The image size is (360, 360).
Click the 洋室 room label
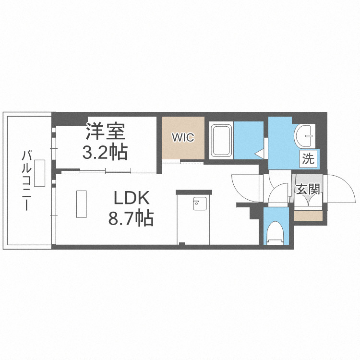click(x=105, y=131)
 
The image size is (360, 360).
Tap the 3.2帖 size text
click(x=105, y=152)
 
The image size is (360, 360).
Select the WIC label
click(x=183, y=138)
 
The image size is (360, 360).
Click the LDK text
click(x=132, y=198)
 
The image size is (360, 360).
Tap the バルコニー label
click(x=27, y=180)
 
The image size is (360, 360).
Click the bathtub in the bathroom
click(x=221, y=140)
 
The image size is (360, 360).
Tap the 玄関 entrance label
click(x=308, y=190)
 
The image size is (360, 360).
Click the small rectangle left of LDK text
click(x=81, y=204)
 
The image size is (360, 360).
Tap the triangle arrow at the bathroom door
click(x=259, y=154)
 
